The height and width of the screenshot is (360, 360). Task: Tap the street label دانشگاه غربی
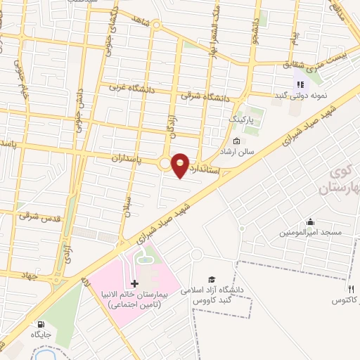click(133, 89)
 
